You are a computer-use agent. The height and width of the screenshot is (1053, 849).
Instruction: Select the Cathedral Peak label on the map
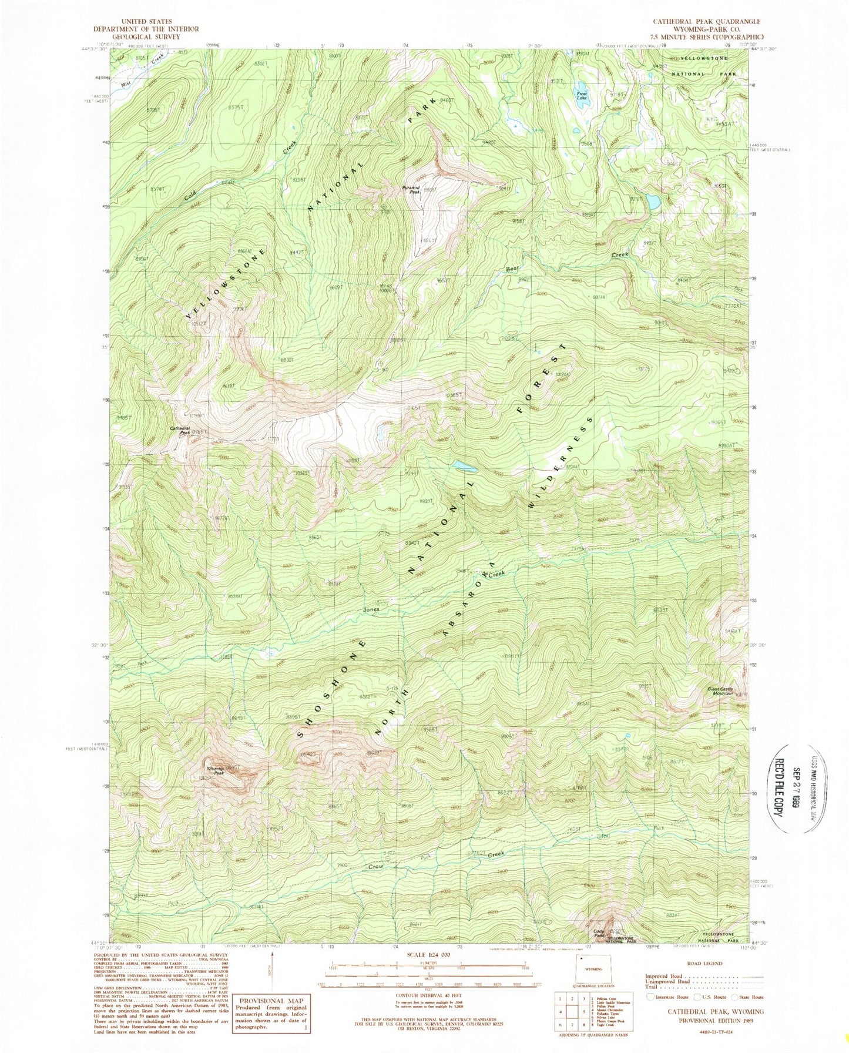coord(180,430)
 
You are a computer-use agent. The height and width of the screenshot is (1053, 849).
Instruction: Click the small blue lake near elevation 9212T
coord(653,202)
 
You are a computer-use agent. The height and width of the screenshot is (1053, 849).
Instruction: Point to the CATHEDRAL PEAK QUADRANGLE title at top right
coord(706,21)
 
